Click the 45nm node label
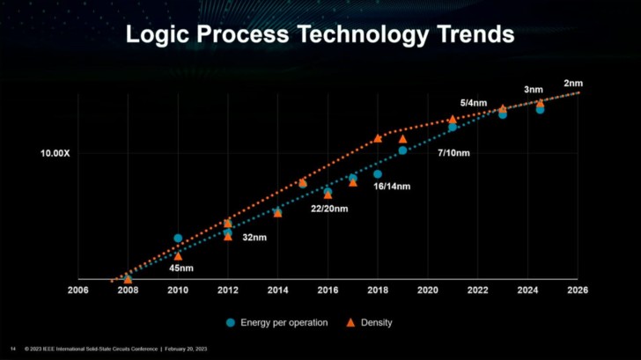click(x=181, y=268)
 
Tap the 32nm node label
click(x=254, y=238)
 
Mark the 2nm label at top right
click(x=573, y=84)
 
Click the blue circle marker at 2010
click(x=178, y=239)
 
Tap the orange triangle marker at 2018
click(x=378, y=138)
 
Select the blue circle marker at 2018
click(x=378, y=174)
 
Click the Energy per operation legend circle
click(x=232, y=323)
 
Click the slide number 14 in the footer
click(x=12, y=349)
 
